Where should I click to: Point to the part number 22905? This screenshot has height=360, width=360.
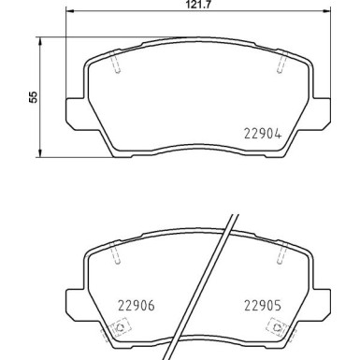[263, 303]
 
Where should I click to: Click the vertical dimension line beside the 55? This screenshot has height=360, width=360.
[39, 97]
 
